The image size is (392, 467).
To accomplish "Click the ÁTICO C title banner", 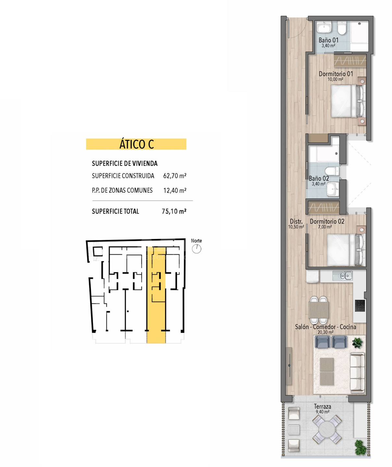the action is pos(136,144).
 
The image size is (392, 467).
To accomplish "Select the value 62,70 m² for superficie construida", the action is pos(175,176).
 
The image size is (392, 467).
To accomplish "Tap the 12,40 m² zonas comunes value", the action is pos(175,190).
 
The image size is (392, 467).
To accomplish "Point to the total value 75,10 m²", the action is pos(174,211).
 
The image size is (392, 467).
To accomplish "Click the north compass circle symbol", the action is pos(196,249).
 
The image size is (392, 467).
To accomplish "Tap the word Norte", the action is pos(196,241).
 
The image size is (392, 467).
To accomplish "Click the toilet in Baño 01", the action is pos(342,28).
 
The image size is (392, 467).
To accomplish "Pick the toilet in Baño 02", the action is pos(332,171).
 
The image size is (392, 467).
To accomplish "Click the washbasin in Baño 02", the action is pos(333,189).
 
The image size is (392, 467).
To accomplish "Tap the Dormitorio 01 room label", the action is pos(336,74).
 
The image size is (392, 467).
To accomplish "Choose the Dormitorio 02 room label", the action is pos(327,222).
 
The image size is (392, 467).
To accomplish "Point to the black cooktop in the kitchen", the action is pos(360,305).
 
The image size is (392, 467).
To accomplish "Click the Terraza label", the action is pos(322,406).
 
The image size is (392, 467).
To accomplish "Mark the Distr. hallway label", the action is pos(296,222).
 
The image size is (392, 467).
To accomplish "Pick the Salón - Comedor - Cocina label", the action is pos(325,327).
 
